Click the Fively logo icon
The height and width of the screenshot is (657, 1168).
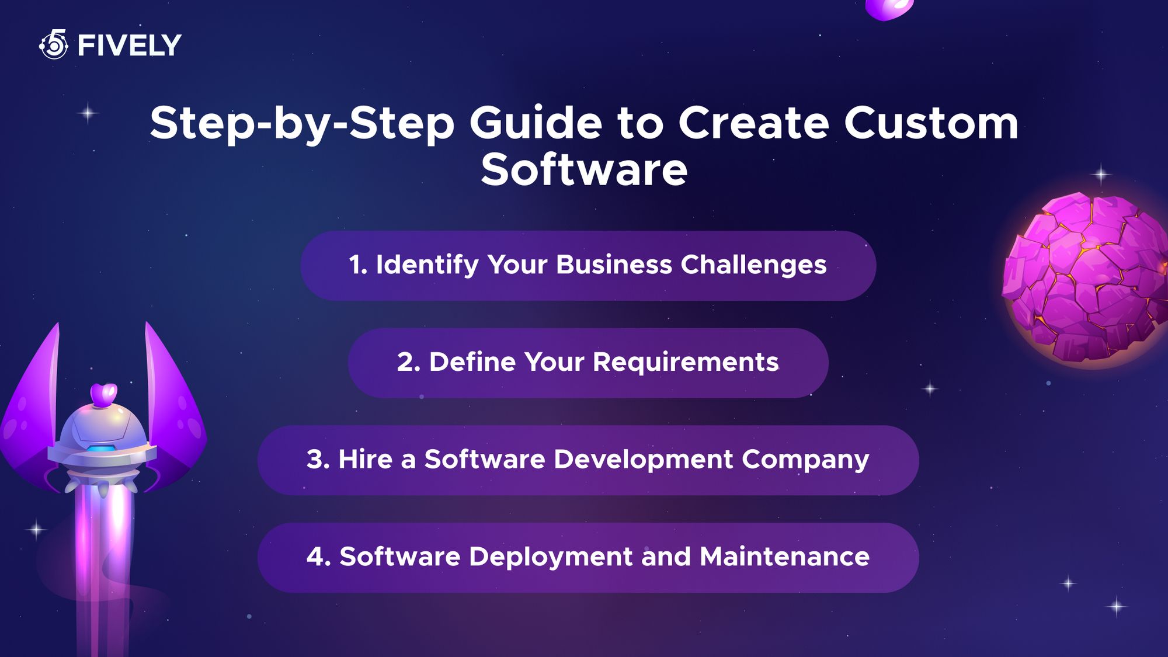[x=54, y=44]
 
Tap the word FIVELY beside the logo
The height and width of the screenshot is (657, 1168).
[x=129, y=46]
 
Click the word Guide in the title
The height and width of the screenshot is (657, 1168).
[x=536, y=123]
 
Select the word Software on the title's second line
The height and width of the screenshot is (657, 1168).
[x=584, y=170]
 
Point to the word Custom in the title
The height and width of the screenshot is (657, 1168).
[x=931, y=123]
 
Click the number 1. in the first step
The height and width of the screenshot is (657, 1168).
[x=358, y=265]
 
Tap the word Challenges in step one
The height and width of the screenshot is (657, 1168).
[x=753, y=265]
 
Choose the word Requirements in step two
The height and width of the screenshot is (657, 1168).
[x=686, y=362]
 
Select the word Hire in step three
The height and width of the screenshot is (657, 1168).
[x=365, y=459]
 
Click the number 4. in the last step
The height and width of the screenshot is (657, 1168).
[x=319, y=557]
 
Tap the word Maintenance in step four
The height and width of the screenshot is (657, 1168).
[x=784, y=557]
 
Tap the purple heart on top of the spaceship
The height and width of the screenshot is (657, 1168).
[x=104, y=394]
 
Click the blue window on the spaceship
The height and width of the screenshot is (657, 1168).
[x=101, y=449]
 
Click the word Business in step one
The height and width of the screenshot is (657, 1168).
[x=614, y=265]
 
